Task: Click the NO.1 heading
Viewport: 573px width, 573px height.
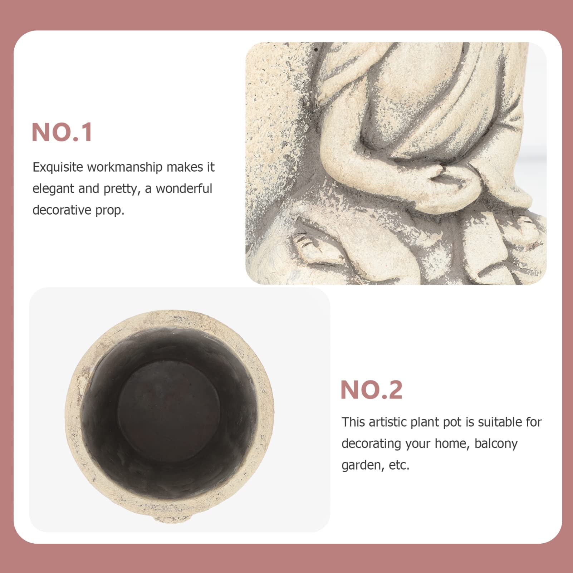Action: click(62, 132)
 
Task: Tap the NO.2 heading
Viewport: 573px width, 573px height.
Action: click(371, 390)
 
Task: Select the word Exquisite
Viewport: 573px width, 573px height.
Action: click(58, 167)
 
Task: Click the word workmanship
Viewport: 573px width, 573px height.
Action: click(125, 167)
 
